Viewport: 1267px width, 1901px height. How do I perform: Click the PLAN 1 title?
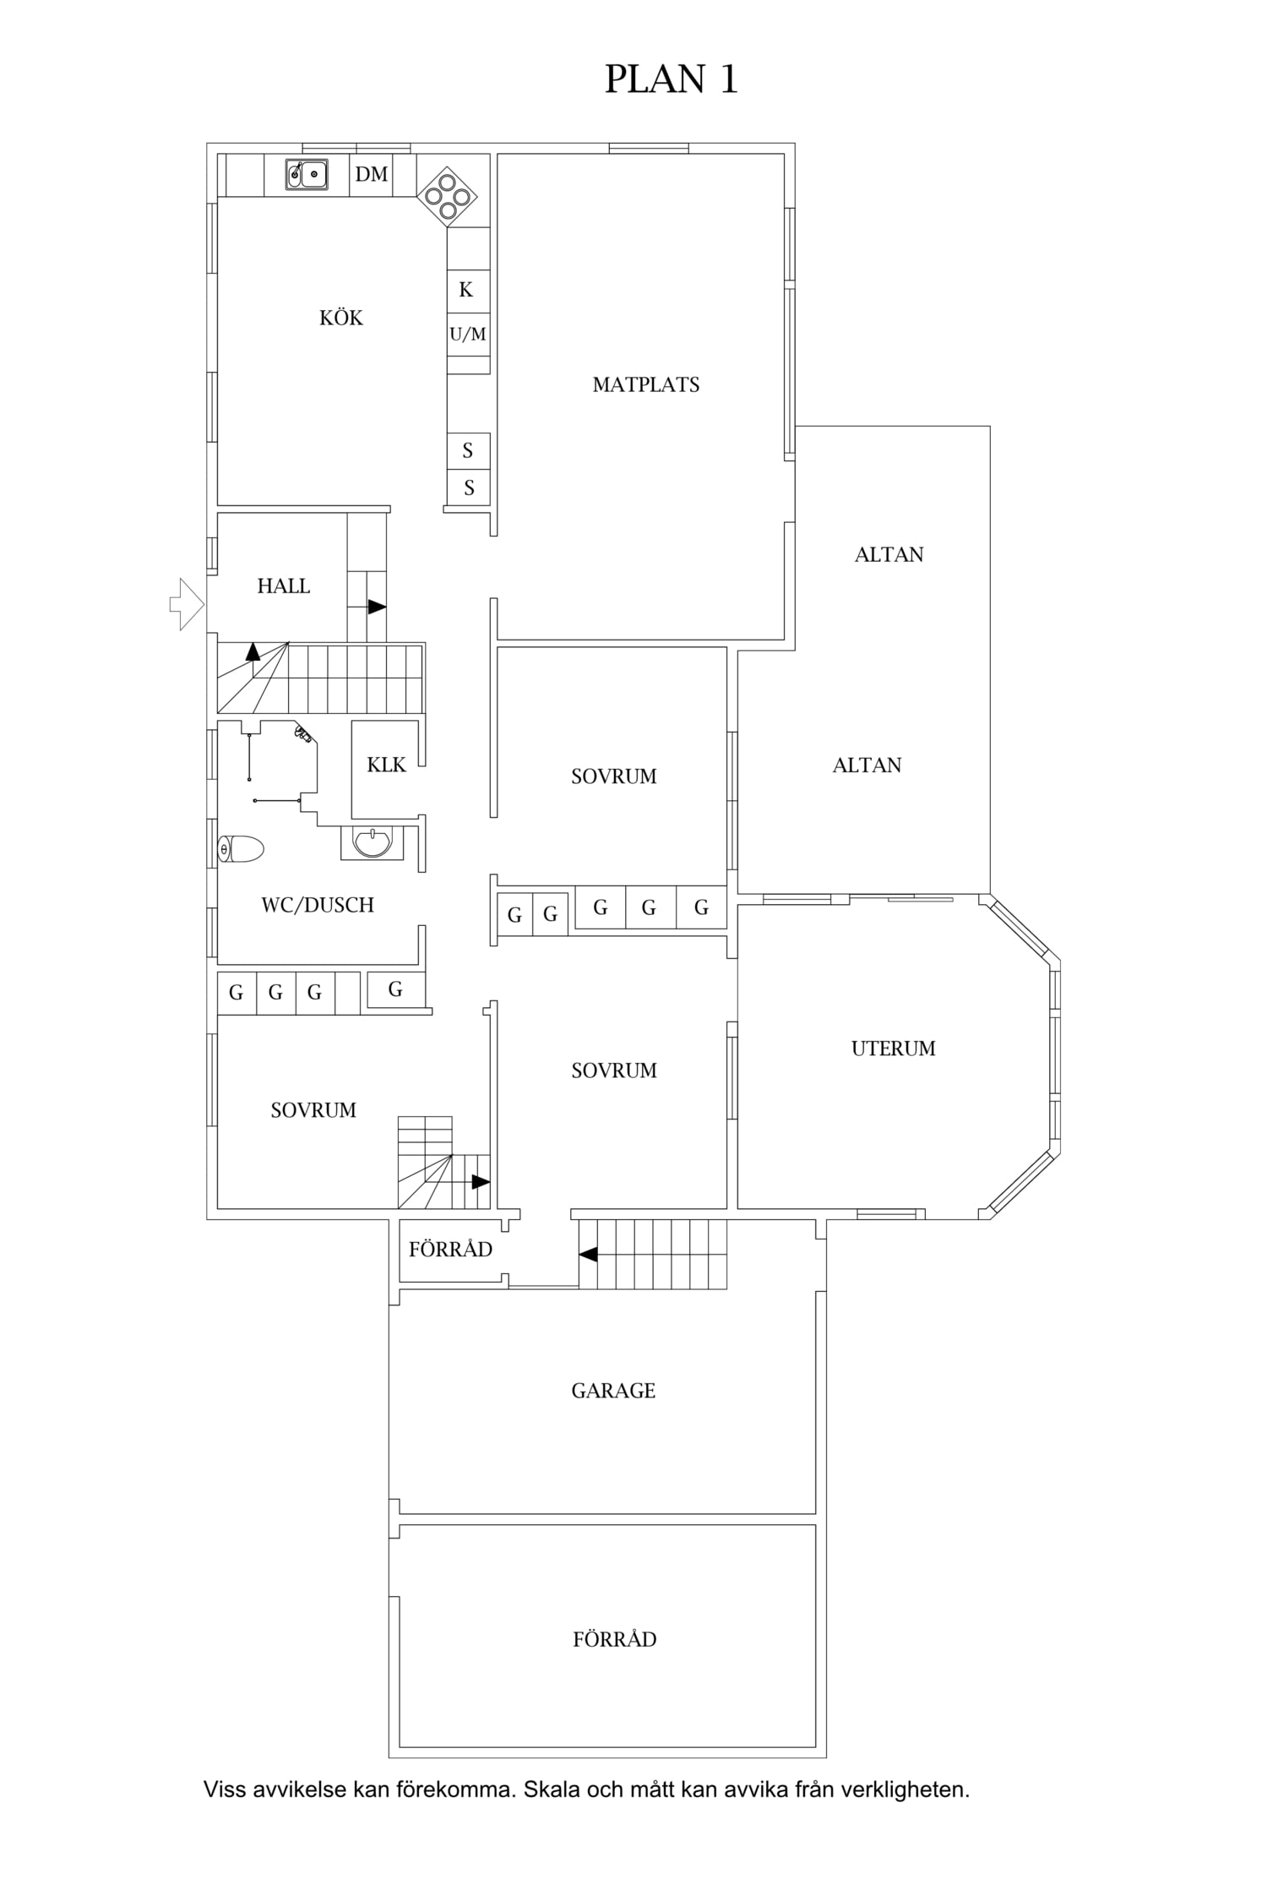click(x=672, y=79)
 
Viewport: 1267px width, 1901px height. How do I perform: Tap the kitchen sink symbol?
click(x=306, y=174)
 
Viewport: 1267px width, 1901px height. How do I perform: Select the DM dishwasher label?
click(x=372, y=174)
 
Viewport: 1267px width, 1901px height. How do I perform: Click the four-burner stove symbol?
click(x=447, y=196)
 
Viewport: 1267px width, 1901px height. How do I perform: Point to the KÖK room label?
click(x=341, y=318)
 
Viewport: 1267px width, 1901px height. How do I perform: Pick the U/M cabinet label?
click(x=468, y=335)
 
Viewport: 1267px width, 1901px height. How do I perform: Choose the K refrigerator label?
click(x=466, y=290)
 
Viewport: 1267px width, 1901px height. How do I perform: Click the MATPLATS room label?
click(x=646, y=385)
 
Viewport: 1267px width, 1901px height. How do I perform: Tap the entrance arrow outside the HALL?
click(x=187, y=604)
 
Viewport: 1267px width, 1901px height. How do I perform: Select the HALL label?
click(x=284, y=586)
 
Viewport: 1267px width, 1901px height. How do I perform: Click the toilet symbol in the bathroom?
click(x=241, y=848)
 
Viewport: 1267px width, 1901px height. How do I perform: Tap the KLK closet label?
click(x=386, y=765)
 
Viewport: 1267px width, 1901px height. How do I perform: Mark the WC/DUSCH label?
click(x=318, y=906)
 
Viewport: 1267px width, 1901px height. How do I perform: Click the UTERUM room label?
click(x=894, y=1049)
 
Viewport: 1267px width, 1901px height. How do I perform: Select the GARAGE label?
click(x=613, y=1391)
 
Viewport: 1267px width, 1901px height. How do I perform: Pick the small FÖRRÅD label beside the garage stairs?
click(x=450, y=1250)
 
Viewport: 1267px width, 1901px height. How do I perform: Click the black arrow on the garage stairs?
click(x=588, y=1254)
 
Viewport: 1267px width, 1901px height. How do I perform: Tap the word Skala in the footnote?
click(x=549, y=1789)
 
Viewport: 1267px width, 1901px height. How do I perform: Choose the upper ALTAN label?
click(x=889, y=555)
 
